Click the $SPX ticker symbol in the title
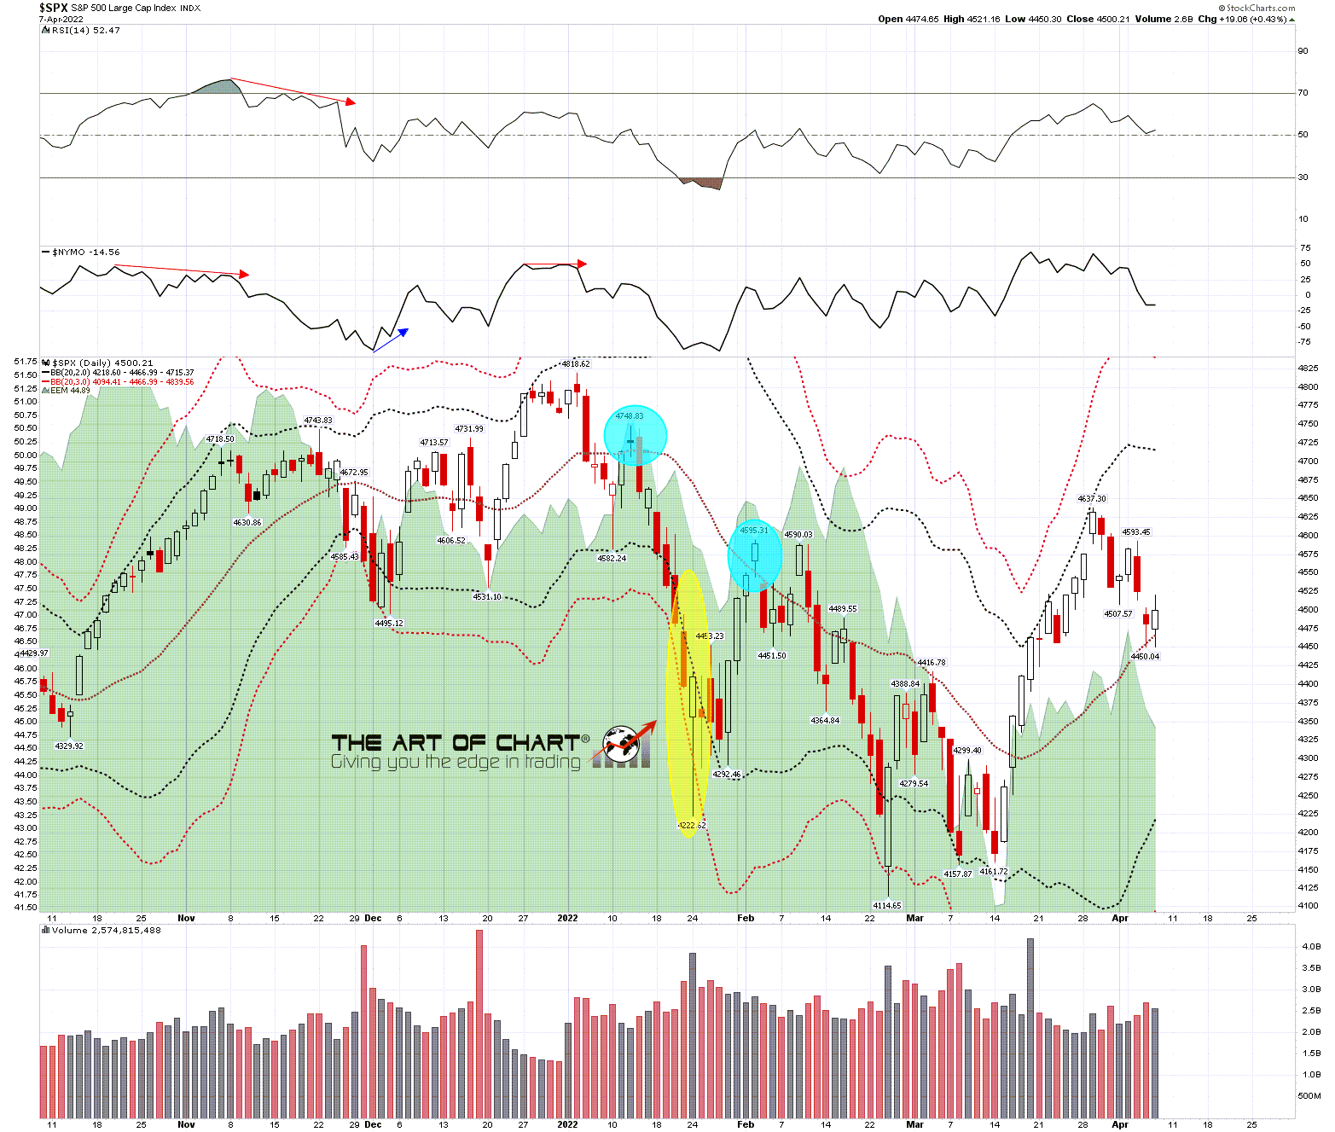click(x=53, y=8)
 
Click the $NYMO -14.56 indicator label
click(x=85, y=253)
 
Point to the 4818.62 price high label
click(x=576, y=363)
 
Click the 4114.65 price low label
click(x=887, y=905)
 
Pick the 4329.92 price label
click(x=69, y=746)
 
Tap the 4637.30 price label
click(x=1092, y=499)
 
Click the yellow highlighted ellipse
click(x=688, y=703)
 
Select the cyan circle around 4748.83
click(x=635, y=435)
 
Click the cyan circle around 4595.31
click(x=754, y=555)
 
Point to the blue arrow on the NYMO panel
click(x=391, y=340)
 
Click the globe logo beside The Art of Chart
click(x=623, y=743)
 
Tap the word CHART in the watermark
click(x=537, y=742)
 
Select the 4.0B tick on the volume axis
click(x=1310, y=946)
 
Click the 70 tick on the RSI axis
click(x=1303, y=93)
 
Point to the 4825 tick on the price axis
click(x=1308, y=369)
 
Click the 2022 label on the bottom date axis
click(x=567, y=1124)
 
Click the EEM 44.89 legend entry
click(x=70, y=391)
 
